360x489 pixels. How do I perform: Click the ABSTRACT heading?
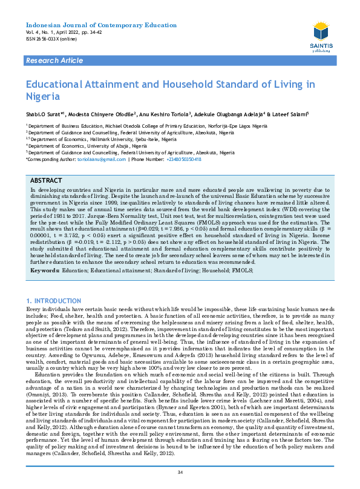tap(46, 181)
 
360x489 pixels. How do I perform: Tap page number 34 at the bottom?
tap(180, 472)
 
